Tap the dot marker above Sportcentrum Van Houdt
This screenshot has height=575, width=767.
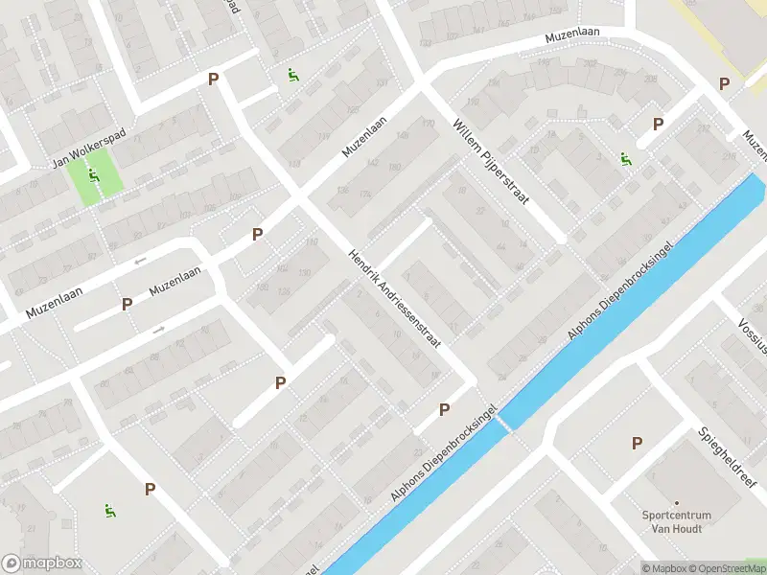point(676,502)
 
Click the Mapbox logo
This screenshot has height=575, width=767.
point(42,563)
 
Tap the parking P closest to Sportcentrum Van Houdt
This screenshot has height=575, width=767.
point(637,443)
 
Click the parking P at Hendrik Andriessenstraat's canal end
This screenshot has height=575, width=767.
point(444,409)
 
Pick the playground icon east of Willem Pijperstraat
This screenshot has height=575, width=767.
point(625,159)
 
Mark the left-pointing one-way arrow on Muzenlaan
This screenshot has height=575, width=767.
point(141,260)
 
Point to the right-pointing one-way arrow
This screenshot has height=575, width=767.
point(159,330)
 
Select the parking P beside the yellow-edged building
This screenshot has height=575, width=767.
point(724,83)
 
